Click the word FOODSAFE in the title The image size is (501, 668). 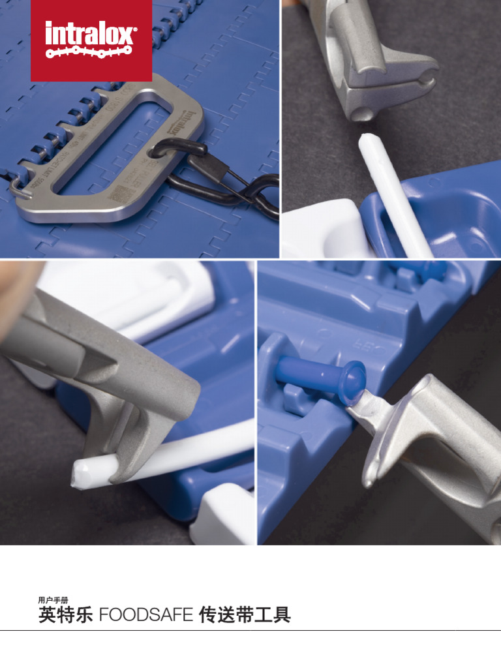146,615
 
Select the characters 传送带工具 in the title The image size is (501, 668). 245,615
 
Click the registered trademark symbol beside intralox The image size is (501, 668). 134,29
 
